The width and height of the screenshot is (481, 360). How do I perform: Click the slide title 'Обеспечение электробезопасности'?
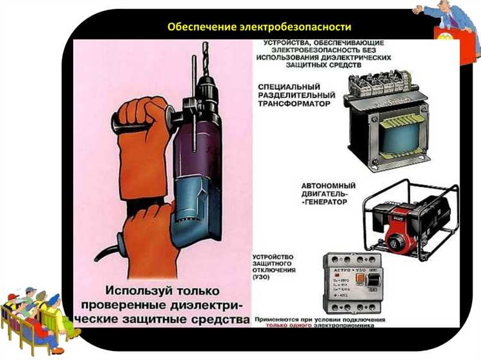click(x=258, y=27)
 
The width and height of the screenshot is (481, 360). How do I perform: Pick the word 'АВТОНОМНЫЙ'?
click(x=328, y=185)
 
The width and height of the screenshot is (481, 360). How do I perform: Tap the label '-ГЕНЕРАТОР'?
click(x=324, y=201)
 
